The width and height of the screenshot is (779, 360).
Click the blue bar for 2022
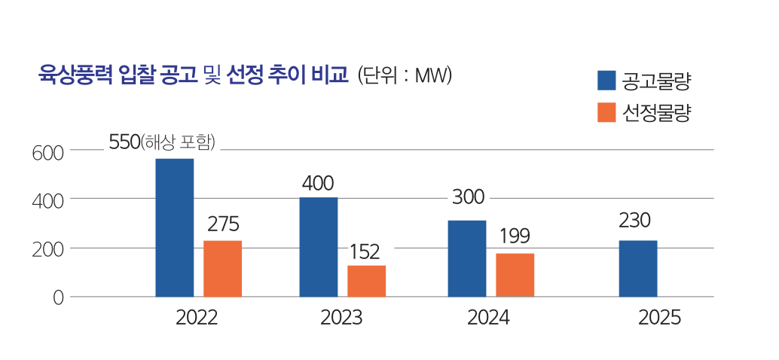(x=174, y=227)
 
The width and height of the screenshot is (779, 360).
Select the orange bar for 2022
(x=222, y=268)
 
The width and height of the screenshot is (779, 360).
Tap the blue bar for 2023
(x=318, y=247)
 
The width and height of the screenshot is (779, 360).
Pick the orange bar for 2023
(x=366, y=281)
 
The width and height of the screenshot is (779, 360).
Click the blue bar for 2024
(x=466, y=258)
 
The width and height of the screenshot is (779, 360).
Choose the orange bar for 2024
(x=515, y=275)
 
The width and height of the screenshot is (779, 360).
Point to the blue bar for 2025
(x=638, y=268)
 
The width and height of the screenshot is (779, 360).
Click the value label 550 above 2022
(x=124, y=142)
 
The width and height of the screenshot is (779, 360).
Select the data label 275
(x=222, y=224)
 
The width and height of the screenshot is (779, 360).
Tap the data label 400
(x=317, y=183)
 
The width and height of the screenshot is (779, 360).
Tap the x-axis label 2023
(x=341, y=318)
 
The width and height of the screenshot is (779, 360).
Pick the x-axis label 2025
(x=659, y=318)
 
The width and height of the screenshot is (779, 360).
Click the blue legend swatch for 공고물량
(x=606, y=80)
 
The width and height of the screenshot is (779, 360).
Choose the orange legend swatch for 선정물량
(x=606, y=112)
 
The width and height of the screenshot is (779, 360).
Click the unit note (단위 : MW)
(x=405, y=75)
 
